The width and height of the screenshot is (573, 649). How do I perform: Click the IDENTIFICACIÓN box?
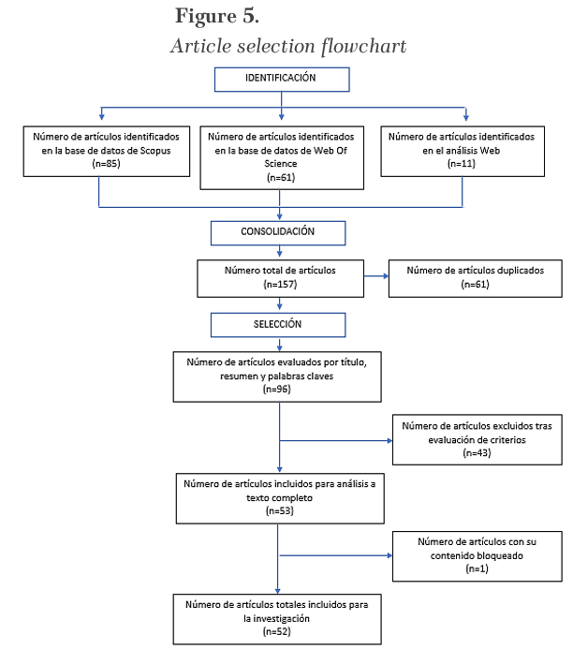[282, 80]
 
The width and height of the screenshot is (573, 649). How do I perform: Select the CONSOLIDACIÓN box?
[278, 233]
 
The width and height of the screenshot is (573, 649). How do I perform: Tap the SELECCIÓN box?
[278, 325]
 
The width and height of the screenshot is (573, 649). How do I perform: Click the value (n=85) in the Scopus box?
[107, 164]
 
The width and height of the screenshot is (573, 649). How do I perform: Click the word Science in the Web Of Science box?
[281, 164]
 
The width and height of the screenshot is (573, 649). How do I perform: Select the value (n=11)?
[462, 164]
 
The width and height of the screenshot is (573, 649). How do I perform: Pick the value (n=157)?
[280, 285]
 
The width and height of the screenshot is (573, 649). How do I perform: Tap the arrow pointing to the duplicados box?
[376, 276]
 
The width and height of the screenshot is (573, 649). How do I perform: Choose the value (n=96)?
[277, 389]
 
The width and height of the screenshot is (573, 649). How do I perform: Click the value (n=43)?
[477, 453]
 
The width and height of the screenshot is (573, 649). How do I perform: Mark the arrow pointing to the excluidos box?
[336, 441]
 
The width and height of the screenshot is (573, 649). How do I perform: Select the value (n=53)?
[280, 510]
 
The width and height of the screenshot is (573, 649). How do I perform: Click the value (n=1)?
[477, 568]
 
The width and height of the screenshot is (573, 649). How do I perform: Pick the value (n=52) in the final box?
[277, 631]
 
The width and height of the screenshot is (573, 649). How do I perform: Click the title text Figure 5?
[217, 17]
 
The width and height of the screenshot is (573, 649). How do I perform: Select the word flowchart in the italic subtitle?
[364, 46]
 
